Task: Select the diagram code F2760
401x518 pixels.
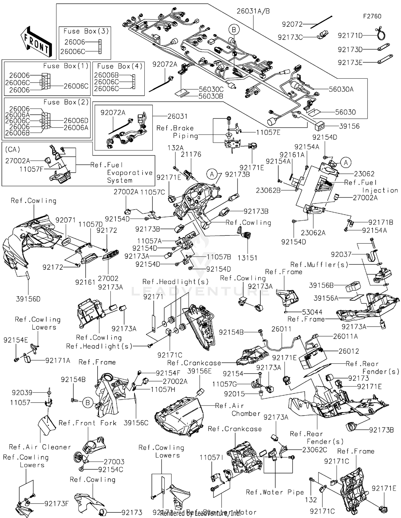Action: pos(372,16)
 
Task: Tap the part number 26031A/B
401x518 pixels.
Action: pos(253,11)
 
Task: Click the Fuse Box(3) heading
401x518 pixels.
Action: pos(86,31)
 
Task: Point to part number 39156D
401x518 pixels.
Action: pos(28,299)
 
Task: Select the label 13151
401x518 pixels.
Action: pos(247,258)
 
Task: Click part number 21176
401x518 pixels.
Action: pos(191,154)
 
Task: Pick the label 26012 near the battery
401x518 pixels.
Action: pos(349,351)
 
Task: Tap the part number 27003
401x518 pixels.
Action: pos(114,462)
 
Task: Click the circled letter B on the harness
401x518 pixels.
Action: pos(234,30)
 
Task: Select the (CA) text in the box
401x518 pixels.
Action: pos(13,149)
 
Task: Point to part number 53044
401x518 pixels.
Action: pos(312,312)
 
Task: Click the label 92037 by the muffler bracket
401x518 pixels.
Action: pos(341,254)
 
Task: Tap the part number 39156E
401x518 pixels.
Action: pos(199,371)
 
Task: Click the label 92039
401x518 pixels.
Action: pos(22,393)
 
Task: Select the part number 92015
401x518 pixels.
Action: pos(234,394)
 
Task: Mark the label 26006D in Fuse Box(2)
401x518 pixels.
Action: pos(76,121)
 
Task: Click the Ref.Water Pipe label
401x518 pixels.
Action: pos(275,492)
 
